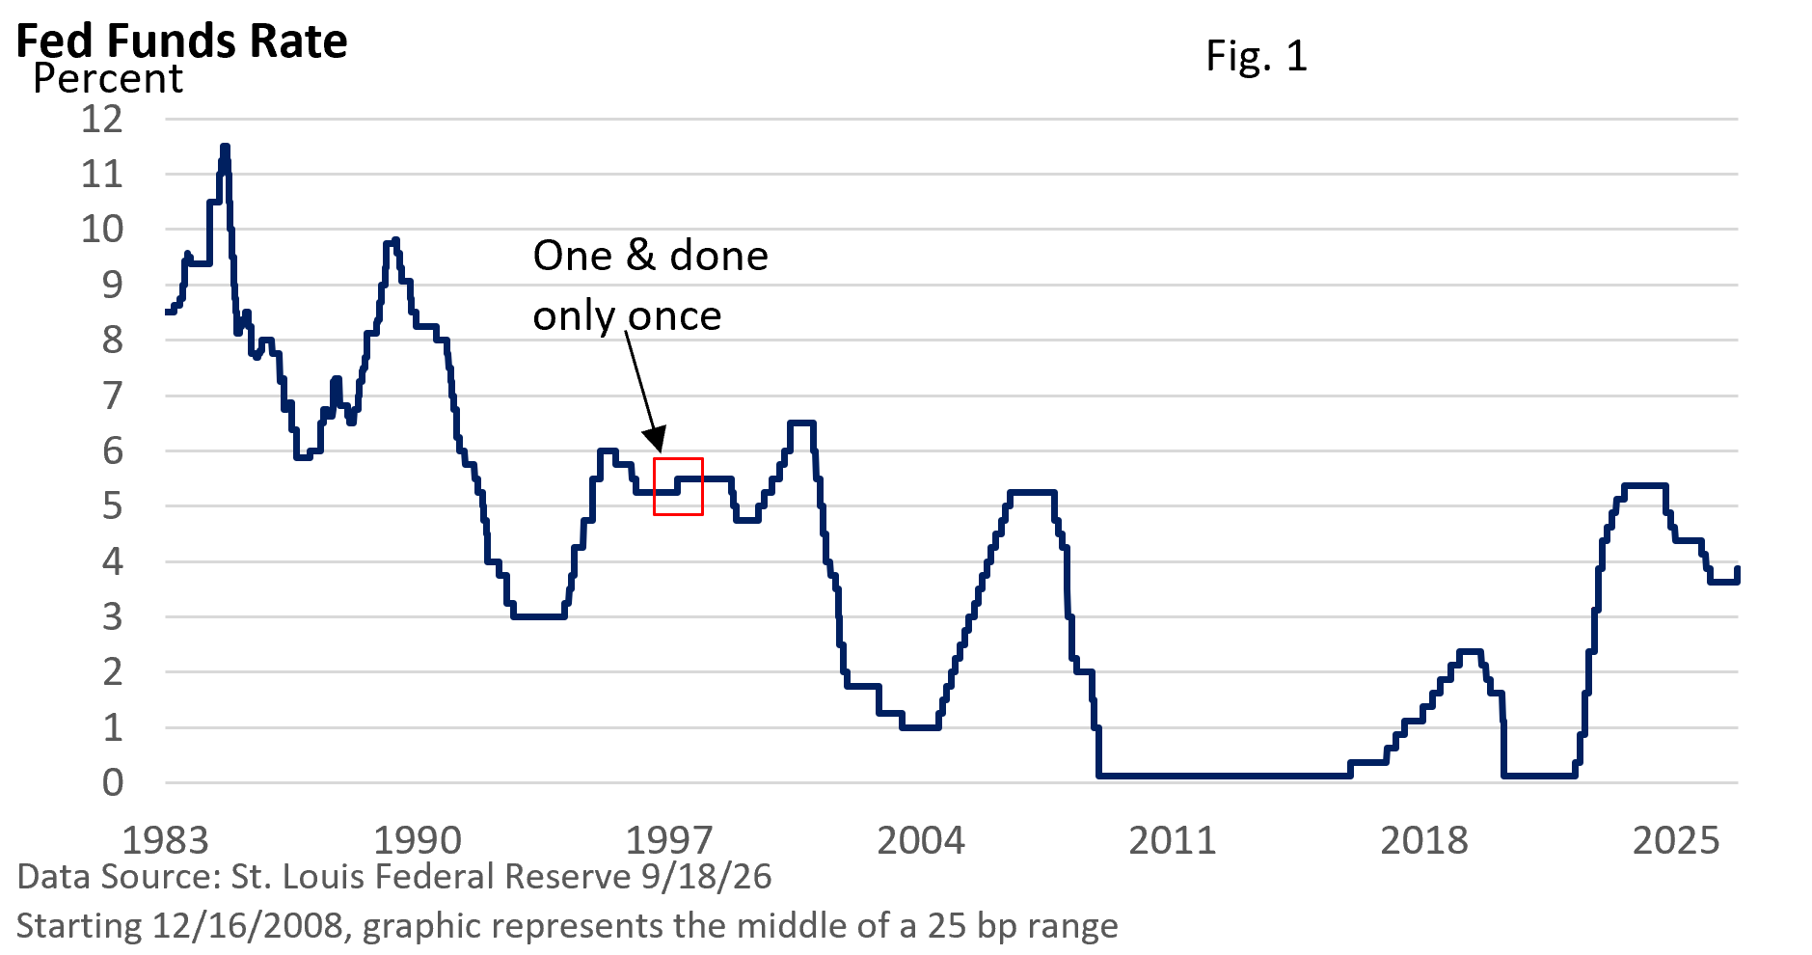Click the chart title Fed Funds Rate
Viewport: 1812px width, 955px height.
point(182,41)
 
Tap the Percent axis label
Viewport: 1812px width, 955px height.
point(107,79)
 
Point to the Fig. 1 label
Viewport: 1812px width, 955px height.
point(1257,56)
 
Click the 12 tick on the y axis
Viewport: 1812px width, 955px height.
point(103,119)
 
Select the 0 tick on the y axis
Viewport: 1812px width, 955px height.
point(113,782)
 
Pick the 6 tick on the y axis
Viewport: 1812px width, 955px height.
point(113,450)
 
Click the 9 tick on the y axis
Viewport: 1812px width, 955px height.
point(113,285)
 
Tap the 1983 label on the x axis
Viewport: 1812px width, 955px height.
point(166,840)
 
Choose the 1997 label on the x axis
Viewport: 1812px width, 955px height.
point(669,840)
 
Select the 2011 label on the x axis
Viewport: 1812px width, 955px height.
point(1173,840)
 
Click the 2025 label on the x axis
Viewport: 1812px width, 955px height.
point(1676,840)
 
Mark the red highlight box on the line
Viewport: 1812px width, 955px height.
point(678,459)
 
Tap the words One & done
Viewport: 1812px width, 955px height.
point(651,256)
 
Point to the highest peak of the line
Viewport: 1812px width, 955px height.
point(225,148)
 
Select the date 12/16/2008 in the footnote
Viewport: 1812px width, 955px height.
point(248,926)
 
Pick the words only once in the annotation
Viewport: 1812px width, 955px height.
point(628,316)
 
